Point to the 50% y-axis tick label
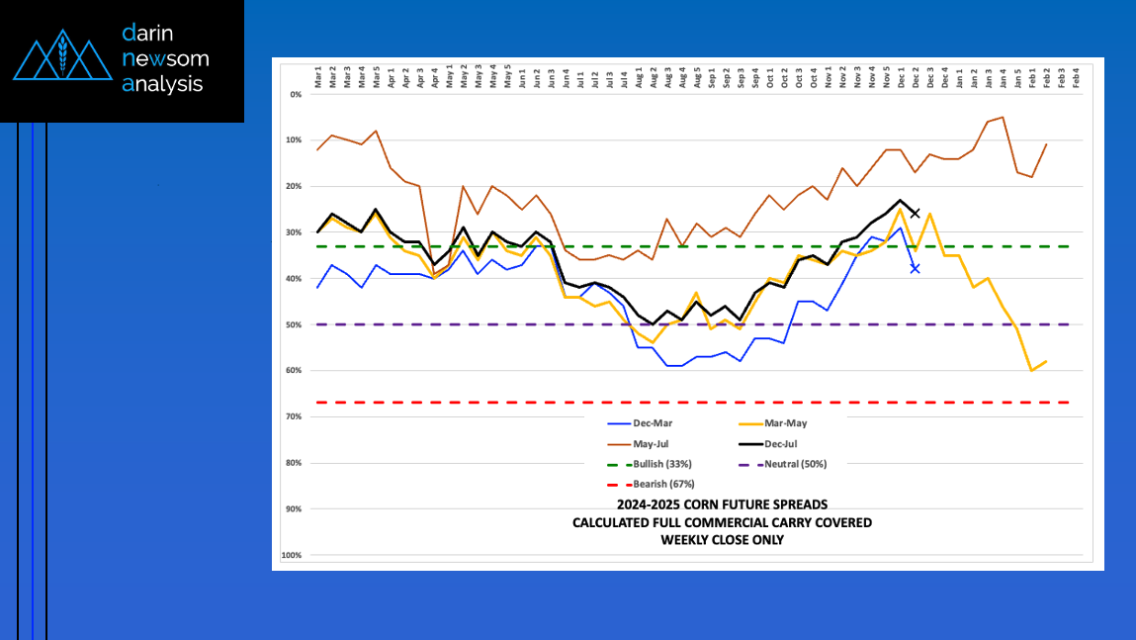pyautogui.click(x=295, y=324)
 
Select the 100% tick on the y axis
pyautogui.click(x=292, y=555)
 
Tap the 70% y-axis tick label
pyautogui.click(x=295, y=416)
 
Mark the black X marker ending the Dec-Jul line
pyautogui.click(x=915, y=213)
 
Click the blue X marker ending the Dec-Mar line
pyautogui.click(x=915, y=268)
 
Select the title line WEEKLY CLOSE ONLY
pyautogui.click(x=722, y=539)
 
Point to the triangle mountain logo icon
pyautogui.click(x=61, y=58)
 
